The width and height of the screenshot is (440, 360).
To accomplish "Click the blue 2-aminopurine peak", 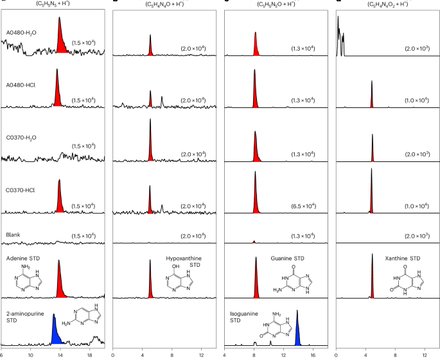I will point(56,332).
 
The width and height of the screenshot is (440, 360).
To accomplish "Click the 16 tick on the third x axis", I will point(312,355).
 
